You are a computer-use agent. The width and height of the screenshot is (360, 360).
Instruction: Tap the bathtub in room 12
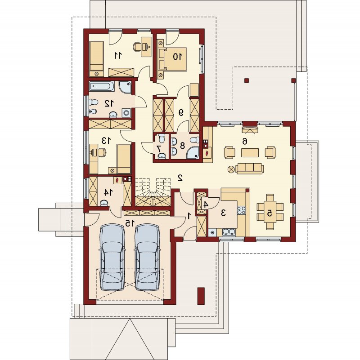(x=102, y=86)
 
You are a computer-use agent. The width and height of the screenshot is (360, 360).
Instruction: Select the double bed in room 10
(x=175, y=59)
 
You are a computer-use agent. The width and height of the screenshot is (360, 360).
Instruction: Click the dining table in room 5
(x=270, y=213)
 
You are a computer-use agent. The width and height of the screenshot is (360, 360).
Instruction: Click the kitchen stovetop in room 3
(x=241, y=210)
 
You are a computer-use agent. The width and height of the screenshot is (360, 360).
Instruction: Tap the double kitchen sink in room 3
(x=229, y=232)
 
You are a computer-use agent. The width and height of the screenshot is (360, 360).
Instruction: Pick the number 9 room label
(x=181, y=112)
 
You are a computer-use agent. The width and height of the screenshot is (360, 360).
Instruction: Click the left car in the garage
(x=112, y=257)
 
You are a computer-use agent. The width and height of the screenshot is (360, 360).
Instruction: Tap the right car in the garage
(x=147, y=257)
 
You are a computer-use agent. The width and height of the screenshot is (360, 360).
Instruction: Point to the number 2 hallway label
(x=180, y=178)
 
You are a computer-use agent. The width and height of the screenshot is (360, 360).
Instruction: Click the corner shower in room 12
(x=126, y=87)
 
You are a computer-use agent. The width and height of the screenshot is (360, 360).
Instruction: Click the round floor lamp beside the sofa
(x=231, y=169)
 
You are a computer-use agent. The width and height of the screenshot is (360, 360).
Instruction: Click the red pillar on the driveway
(x=201, y=296)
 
